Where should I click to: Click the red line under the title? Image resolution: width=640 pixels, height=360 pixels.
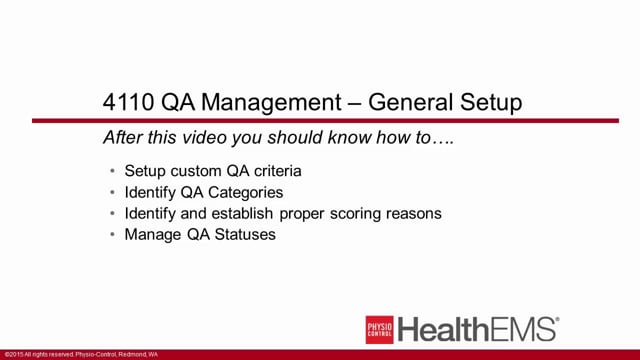[320, 121]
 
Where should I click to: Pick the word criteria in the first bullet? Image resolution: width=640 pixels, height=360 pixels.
[277, 170]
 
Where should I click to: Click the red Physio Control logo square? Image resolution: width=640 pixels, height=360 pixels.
[379, 329]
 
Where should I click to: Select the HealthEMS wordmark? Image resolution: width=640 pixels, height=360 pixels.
[476, 329]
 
